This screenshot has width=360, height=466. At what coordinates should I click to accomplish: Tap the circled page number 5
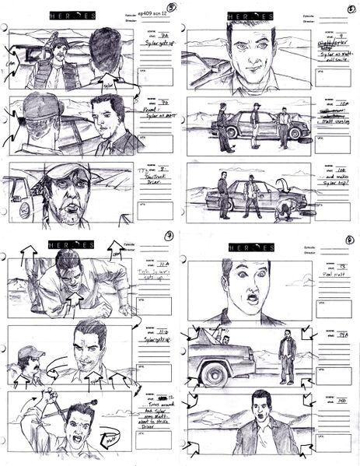pyautogui.click(x=170, y=9)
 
